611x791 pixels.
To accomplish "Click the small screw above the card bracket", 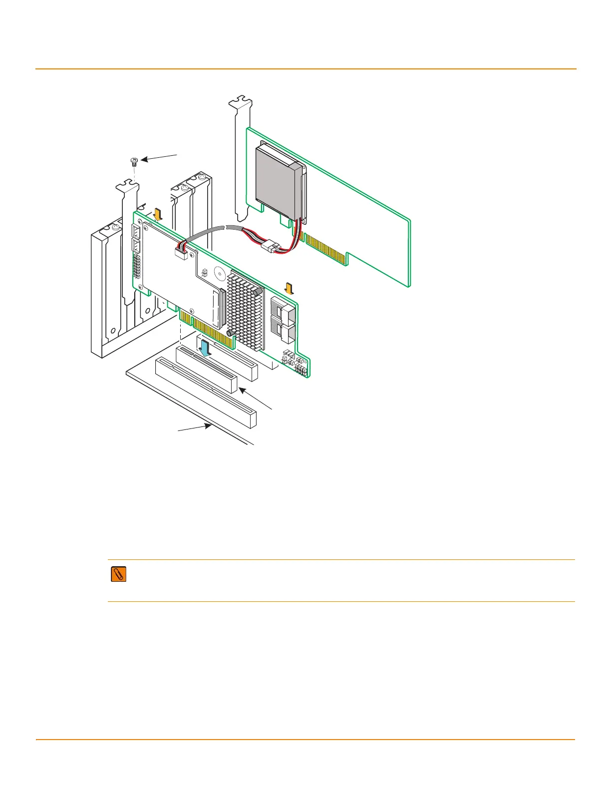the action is tap(134, 161).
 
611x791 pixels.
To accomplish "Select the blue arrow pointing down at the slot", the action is tap(205, 346).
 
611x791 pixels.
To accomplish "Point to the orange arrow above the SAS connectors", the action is tap(289, 288).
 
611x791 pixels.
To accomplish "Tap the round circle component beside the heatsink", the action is tap(219, 274).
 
